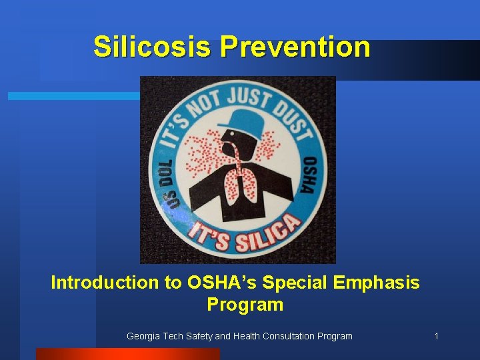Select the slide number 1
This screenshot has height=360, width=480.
click(x=436, y=336)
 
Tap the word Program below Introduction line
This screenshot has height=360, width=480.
click(x=245, y=305)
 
